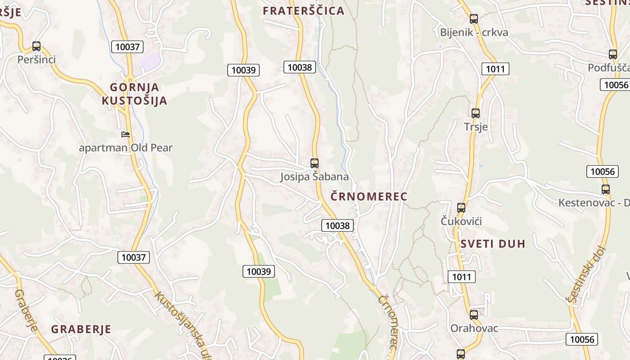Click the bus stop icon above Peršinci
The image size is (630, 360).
coord(36,46)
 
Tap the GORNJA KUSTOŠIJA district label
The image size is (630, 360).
coord(135,94)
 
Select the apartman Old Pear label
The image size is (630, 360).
coord(126,148)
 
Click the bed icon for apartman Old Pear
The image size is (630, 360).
coord(126,134)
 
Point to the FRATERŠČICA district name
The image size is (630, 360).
coord(303,11)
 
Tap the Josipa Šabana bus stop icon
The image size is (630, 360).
coord(315,163)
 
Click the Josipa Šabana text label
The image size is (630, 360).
coord(315,176)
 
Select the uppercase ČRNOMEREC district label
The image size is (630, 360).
coord(369,196)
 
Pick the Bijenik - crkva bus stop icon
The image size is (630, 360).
coord(473,19)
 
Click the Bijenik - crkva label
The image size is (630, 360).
coord(474,32)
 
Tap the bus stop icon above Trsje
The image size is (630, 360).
coord(476,113)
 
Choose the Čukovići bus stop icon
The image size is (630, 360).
coord(461,208)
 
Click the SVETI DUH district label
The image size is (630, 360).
coord(493,244)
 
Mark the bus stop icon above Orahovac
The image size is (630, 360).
coord(474,315)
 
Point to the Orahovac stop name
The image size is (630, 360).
coord(474,328)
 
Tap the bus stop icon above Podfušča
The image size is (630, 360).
coord(612,54)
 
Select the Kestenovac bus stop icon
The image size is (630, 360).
coord(606,189)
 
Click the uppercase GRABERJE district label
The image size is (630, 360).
coord(81,329)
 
